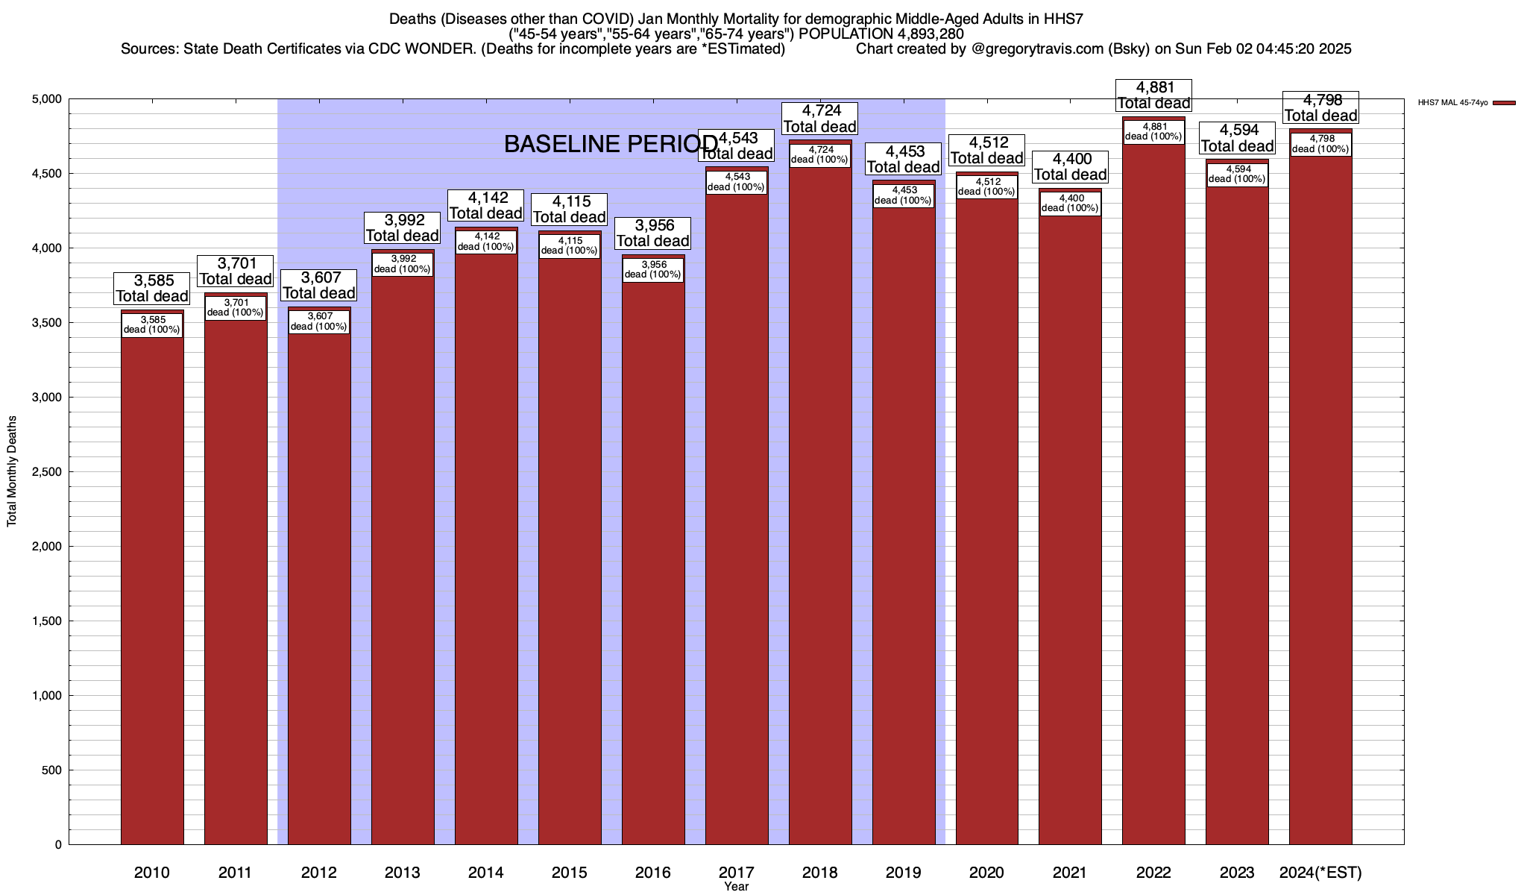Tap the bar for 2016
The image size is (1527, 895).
tap(653, 559)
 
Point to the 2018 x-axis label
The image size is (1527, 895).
tap(819, 873)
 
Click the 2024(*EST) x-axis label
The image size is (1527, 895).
tap(1320, 873)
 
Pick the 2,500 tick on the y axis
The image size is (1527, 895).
tap(46, 472)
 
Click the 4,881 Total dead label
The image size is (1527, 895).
tap(1153, 95)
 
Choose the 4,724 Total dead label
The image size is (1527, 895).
tap(819, 119)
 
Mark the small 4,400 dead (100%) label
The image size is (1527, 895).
tap(1070, 203)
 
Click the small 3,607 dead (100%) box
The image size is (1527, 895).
tap(318, 321)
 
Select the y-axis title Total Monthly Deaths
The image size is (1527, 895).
tap(12, 472)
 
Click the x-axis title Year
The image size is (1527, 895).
tap(736, 887)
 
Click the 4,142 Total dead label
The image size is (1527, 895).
tap(486, 206)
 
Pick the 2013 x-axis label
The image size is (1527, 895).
tap(403, 873)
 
